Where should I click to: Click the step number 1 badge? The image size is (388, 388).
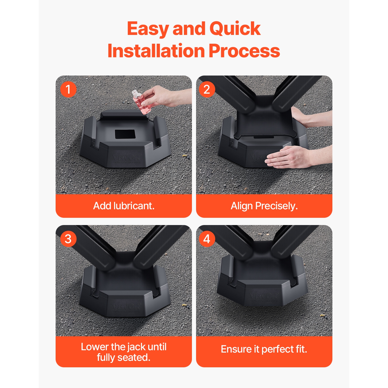tap(68, 89)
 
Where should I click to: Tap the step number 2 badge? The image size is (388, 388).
tap(207, 89)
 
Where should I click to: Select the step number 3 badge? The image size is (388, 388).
tap(68, 239)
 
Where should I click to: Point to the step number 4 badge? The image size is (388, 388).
tap(207, 239)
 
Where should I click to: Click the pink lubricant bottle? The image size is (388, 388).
tap(141, 102)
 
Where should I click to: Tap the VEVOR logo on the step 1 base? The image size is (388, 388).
tap(127, 158)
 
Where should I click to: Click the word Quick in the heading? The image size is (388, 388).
tap(235, 29)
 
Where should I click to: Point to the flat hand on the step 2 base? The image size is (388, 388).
tap(287, 158)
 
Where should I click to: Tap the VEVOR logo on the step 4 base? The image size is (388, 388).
tap(264, 296)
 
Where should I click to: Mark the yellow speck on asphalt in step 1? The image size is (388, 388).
tap(184, 156)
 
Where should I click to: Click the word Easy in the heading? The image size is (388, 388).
tap(148, 29)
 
